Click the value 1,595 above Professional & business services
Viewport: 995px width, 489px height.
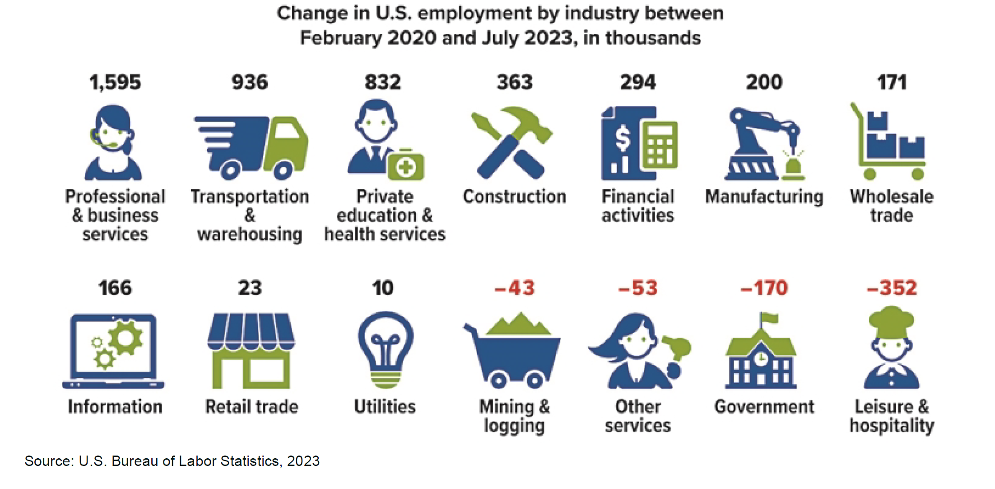(115, 82)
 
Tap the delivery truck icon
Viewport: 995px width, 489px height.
(251, 147)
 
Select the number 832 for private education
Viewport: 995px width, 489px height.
(383, 82)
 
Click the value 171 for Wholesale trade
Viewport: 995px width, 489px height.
(892, 82)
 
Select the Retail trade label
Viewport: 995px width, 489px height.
(251, 407)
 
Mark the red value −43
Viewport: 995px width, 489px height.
(515, 288)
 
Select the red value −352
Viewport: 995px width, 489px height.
(892, 288)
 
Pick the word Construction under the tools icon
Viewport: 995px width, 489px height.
(514, 197)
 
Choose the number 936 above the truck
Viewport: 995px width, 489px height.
(250, 82)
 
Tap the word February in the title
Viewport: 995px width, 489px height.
(340, 38)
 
